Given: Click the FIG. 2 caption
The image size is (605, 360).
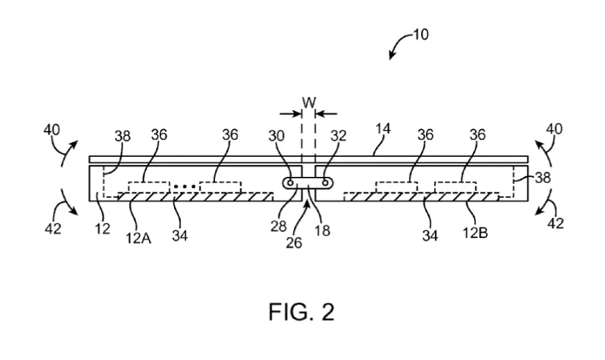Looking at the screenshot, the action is click(301, 311).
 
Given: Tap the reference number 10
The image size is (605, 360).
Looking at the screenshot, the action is click(421, 35).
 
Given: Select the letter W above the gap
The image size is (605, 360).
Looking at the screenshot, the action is click(309, 103).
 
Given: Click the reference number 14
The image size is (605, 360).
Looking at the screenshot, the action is click(383, 129).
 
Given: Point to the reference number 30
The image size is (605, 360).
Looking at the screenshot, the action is click(276, 136).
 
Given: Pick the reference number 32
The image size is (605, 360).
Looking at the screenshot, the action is click(339, 136).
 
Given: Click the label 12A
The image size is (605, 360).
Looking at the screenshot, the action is click(138, 238).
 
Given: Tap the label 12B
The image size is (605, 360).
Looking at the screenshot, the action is click(475, 232).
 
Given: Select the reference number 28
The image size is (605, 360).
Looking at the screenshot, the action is click(278, 227).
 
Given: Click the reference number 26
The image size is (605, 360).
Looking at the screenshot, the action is click(293, 243).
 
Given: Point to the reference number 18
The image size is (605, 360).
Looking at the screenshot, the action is click(322, 230).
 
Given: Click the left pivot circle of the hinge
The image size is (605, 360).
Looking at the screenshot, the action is click(291, 182).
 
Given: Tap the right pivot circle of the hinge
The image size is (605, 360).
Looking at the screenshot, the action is click(325, 182).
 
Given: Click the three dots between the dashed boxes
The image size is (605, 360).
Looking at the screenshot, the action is click(185, 187).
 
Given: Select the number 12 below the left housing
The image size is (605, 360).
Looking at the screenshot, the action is click(102, 229).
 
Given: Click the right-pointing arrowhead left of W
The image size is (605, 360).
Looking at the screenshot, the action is click(298, 114).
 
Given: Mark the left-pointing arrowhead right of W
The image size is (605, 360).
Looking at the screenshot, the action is click(320, 114).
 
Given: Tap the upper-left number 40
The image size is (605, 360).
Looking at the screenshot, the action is click(52, 130).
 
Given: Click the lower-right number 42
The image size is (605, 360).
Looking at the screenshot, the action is click(556, 223).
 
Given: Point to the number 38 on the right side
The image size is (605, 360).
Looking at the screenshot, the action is click(543, 178).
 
